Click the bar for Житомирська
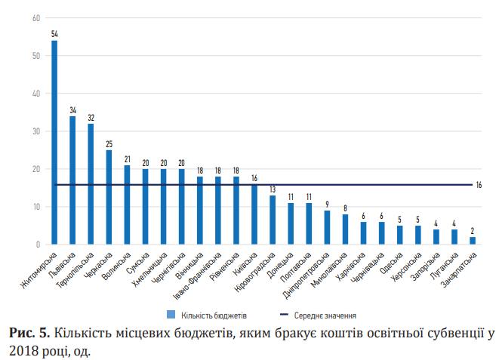coord(54,143)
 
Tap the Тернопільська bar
coord(91,185)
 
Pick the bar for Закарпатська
coord(473,241)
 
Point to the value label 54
coord(54,34)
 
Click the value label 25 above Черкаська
coord(109,143)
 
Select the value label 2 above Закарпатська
coord(473,230)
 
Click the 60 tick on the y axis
coord(35,18)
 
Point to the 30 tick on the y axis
coord(35,131)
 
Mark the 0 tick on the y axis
coord(38,245)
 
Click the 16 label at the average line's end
coord(479,185)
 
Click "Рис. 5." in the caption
coord(29,333)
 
